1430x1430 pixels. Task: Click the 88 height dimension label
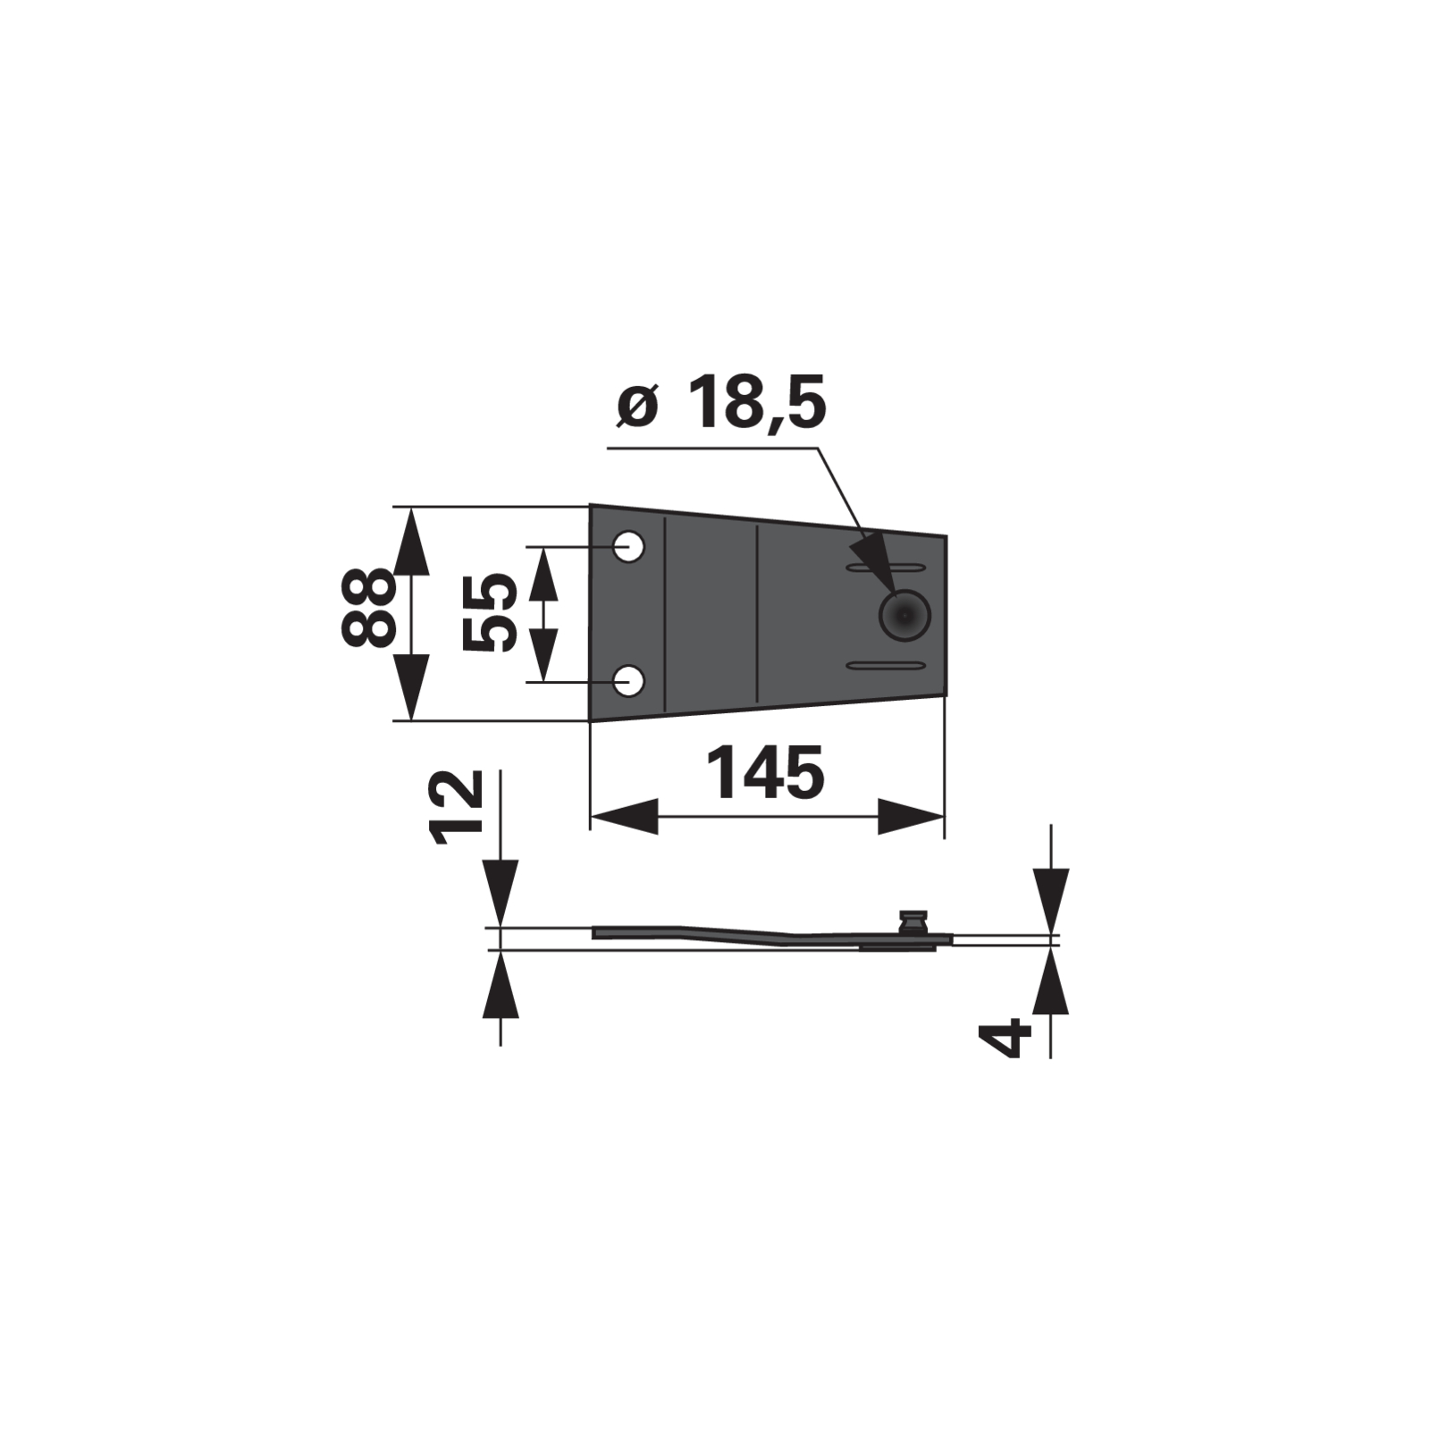point(367,606)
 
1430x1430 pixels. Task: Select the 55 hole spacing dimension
point(490,612)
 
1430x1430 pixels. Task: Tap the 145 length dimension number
point(766,773)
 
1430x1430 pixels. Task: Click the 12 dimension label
point(457,807)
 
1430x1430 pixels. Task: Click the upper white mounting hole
point(629,545)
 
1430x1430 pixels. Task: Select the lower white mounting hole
point(629,681)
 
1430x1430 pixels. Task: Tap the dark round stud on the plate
point(904,614)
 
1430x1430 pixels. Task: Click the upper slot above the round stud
point(886,568)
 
